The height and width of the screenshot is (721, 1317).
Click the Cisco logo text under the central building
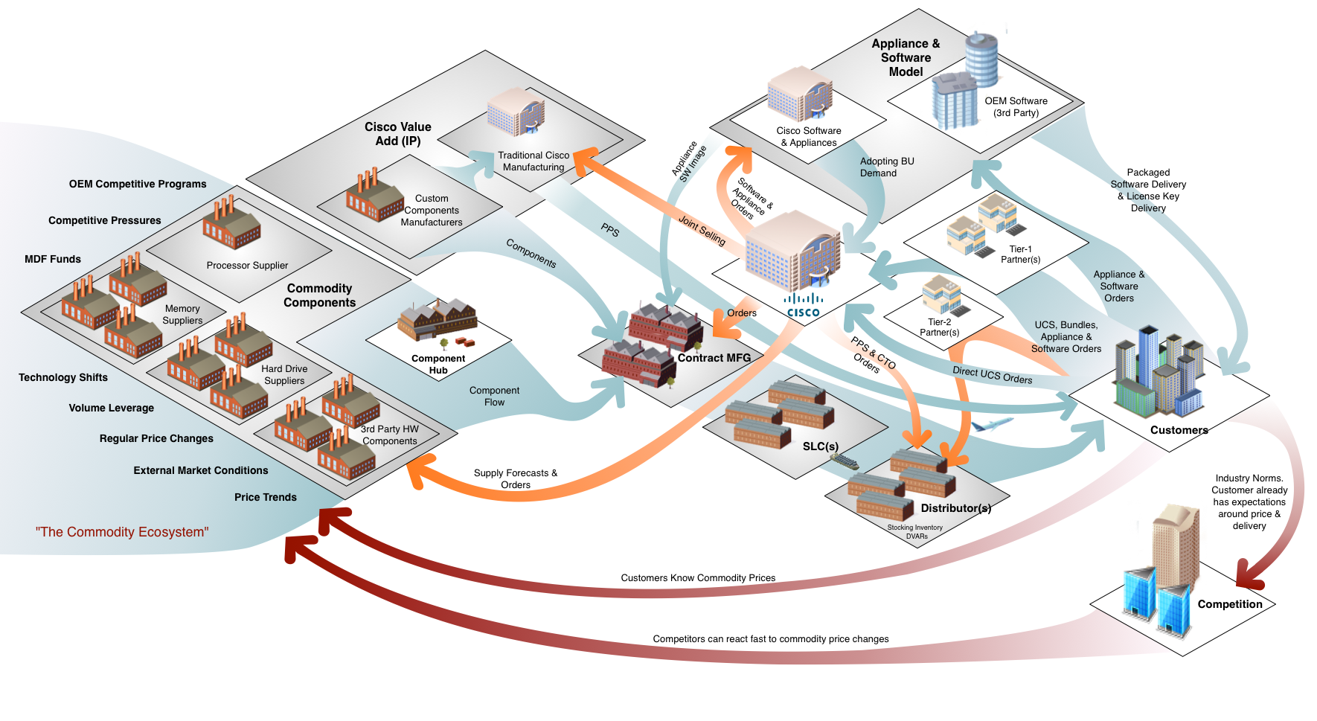(804, 313)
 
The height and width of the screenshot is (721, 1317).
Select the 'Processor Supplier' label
(247, 266)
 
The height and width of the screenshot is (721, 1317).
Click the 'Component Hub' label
(438, 364)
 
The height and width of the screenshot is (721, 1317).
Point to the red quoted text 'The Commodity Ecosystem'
(122, 532)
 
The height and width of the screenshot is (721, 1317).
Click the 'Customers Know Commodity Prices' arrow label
(698, 578)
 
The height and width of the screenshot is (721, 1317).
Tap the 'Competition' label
(1229, 604)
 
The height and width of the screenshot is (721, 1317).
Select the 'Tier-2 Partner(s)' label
(939, 327)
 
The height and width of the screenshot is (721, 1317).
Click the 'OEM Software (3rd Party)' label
(1016, 106)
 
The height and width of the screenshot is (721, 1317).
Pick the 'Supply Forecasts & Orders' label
(516, 478)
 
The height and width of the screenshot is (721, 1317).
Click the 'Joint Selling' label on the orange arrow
(702, 230)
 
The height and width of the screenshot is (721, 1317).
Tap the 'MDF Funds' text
(53, 259)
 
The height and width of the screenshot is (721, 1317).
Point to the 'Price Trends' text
(266, 497)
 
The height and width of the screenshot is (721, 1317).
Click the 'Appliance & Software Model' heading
(906, 58)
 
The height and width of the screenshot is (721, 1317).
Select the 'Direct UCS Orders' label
(992, 375)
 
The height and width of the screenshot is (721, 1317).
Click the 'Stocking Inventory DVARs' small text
(915, 531)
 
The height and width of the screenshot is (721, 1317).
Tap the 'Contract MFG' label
(714, 358)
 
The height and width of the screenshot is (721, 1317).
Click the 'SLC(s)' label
(820, 446)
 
